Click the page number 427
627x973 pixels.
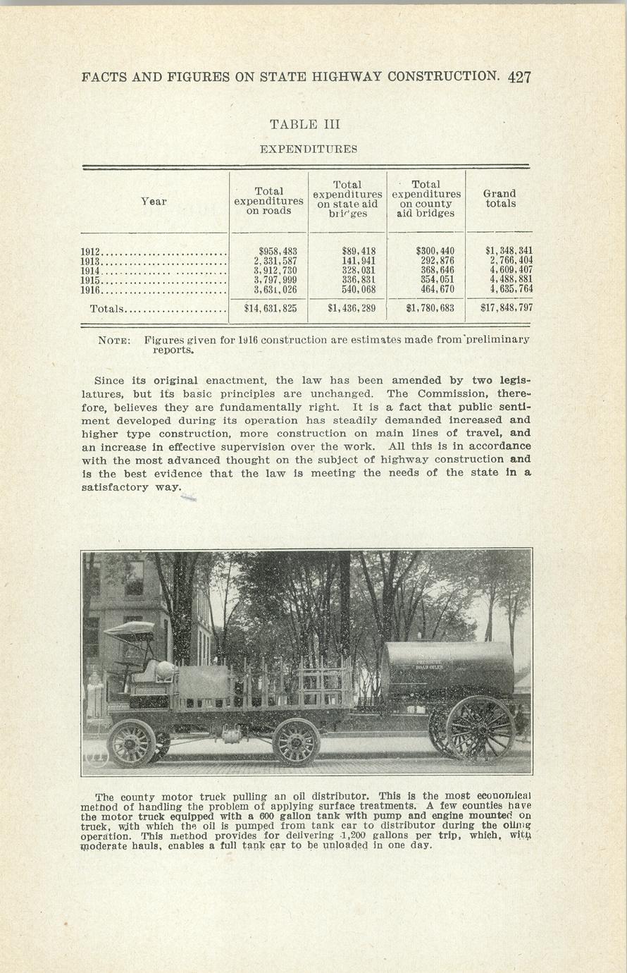pos(519,77)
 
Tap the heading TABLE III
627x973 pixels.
pos(305,124)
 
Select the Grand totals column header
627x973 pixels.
pos(499,198)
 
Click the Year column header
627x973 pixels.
pos(154,202)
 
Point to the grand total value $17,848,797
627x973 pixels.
pos(506,308)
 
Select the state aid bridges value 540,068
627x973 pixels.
pos(359,289)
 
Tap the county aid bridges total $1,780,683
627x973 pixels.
pos(430,308)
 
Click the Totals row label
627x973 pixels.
pos(107,309)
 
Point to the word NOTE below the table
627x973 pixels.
pos(113,340)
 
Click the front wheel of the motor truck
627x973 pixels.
pos(132,743)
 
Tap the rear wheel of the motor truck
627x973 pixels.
pos(296,742)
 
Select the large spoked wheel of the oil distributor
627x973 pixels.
pos(480,729)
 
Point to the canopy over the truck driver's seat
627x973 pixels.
pos(129,630)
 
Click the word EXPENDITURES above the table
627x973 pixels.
pos(308,149)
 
